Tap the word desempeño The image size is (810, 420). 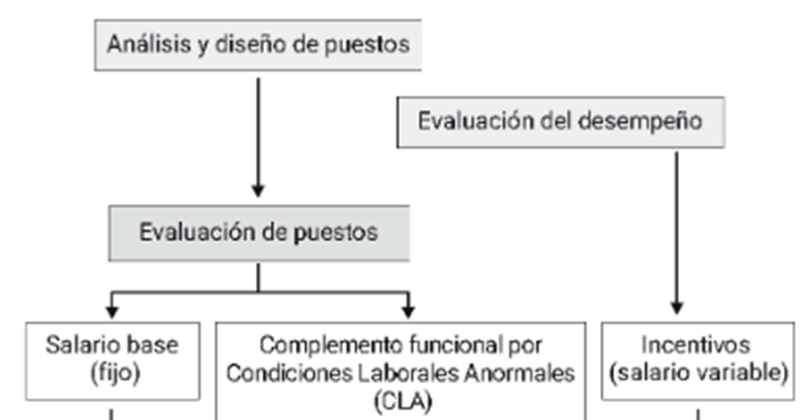(x=640, y=121)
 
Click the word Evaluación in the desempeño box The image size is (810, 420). (x=475, y=121)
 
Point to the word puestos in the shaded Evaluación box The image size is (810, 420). (x=336, y=232)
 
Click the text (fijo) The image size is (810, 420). (x=115, y=373)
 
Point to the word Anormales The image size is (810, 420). (x=519, y=373)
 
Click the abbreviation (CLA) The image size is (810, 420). (x=403, y=401)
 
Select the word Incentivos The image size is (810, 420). (x=695, y=345)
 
